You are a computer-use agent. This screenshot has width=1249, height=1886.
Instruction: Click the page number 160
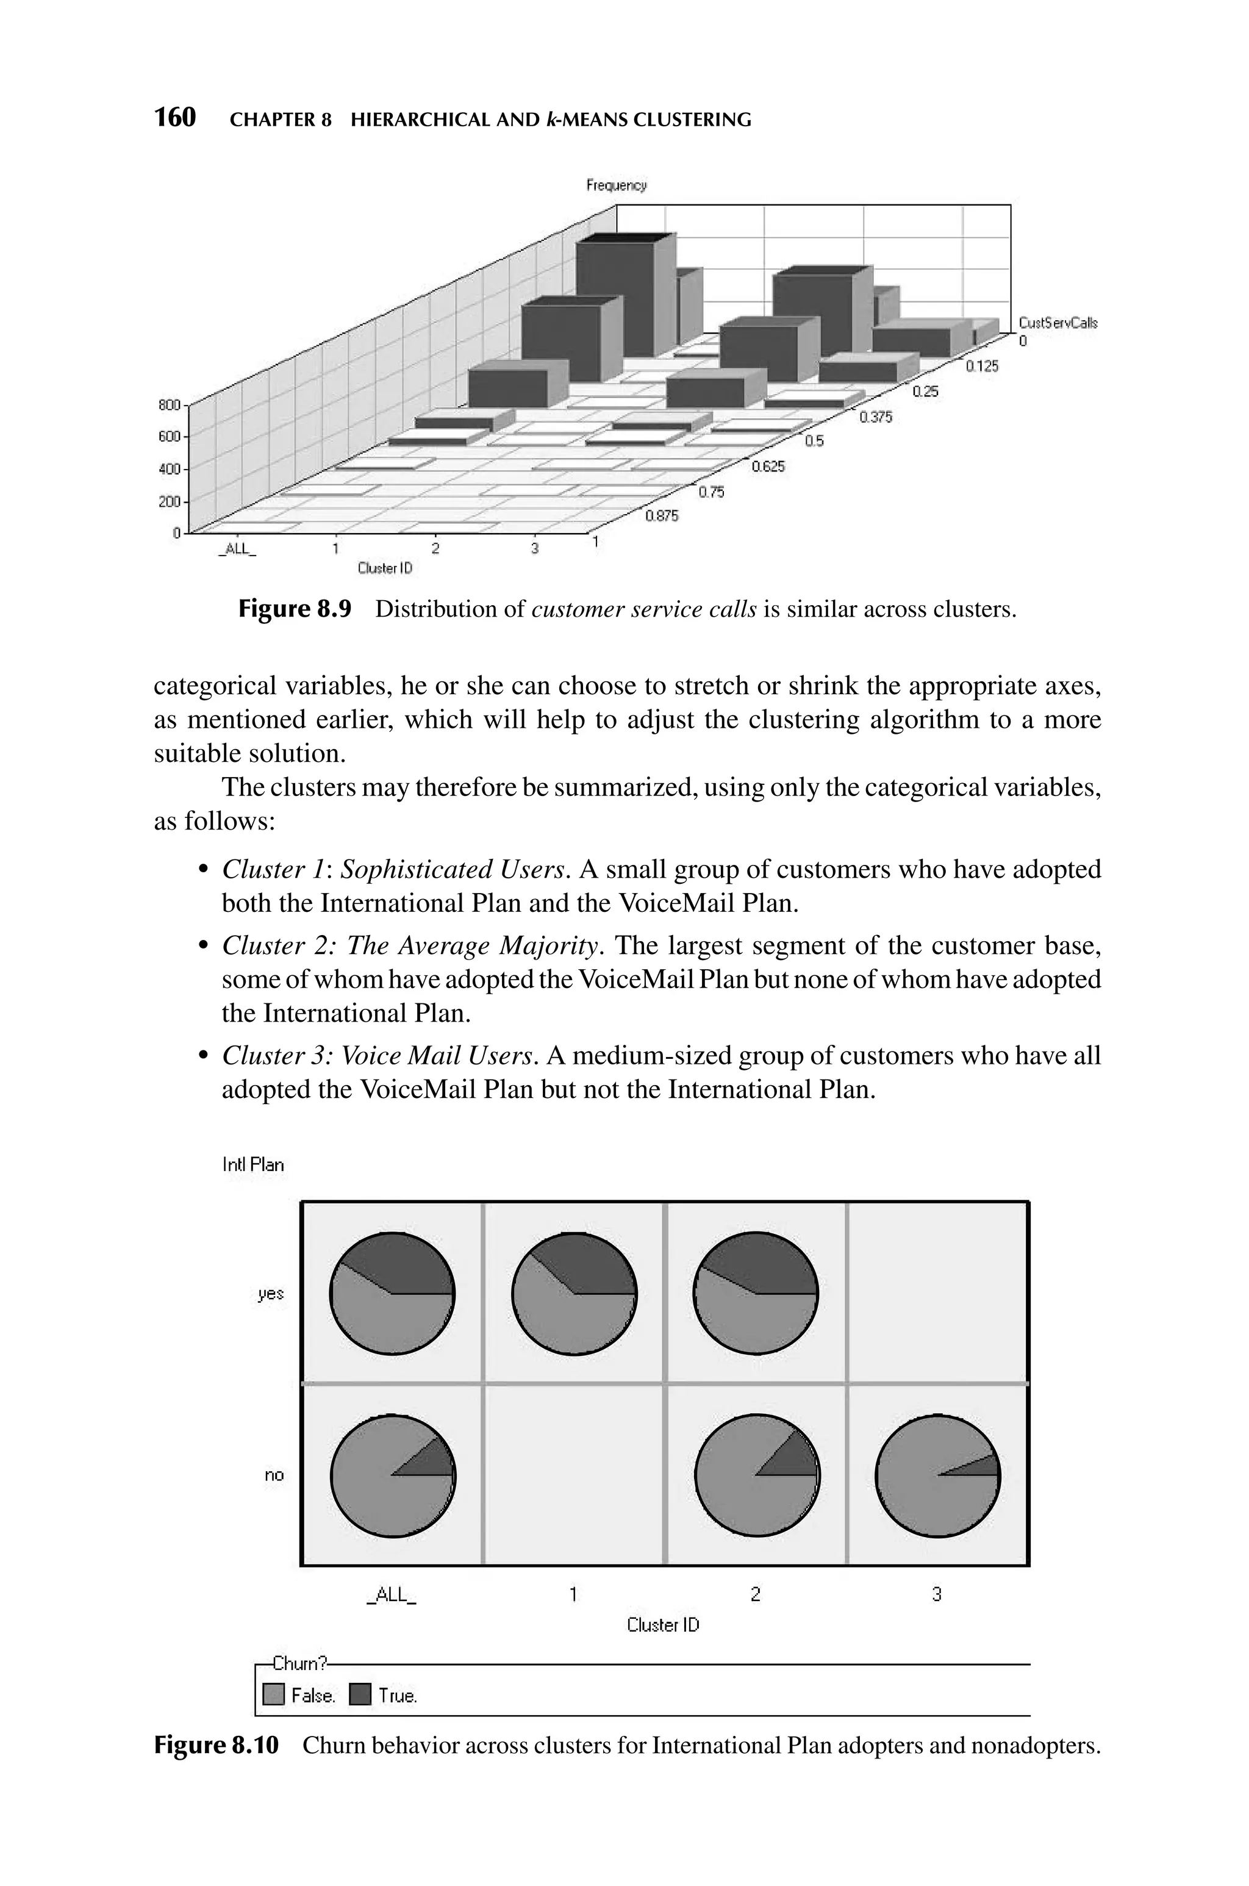point(174,118)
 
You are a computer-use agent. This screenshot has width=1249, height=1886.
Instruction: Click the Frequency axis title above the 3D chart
point(616,185)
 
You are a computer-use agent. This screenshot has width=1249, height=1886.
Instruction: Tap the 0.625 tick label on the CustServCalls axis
point(768,467)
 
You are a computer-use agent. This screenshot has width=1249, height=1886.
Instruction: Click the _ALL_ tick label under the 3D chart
point(237,550)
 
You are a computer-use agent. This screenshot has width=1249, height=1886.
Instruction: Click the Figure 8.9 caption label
point(295,609)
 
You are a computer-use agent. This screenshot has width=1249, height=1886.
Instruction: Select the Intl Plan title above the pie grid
point(252,1164)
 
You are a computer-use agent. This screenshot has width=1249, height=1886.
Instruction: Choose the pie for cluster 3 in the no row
point(937,1476)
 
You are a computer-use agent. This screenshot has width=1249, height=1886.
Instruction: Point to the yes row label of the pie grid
point(271,1294)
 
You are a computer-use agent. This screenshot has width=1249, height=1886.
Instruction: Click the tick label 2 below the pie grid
point(755,1594)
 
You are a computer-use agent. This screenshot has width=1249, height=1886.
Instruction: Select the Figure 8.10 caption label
point(216,1746)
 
